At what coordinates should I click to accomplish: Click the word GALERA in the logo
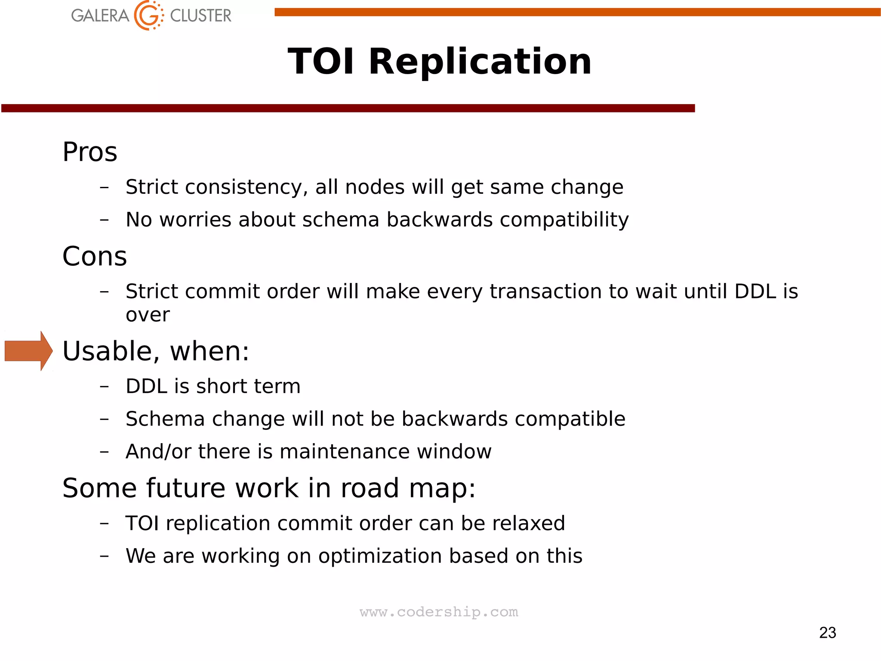click(x=100, y=16)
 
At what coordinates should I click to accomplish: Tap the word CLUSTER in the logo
click(x=200, y=16)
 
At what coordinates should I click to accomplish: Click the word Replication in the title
click(x=480, y=62)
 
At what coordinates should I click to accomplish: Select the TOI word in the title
click(x=321, y=62)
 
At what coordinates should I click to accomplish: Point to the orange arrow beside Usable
click(x=28, y=351)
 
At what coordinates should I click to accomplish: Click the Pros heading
click(x=89, y=152)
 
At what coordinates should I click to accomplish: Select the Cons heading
click(x=95, y=257)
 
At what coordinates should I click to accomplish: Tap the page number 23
click(x=827, y=633)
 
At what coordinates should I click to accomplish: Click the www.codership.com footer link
click(x=439, y=612)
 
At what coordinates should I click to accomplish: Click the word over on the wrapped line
click(x=148, y=315)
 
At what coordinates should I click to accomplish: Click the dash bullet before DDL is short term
click(x=104, y=386)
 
